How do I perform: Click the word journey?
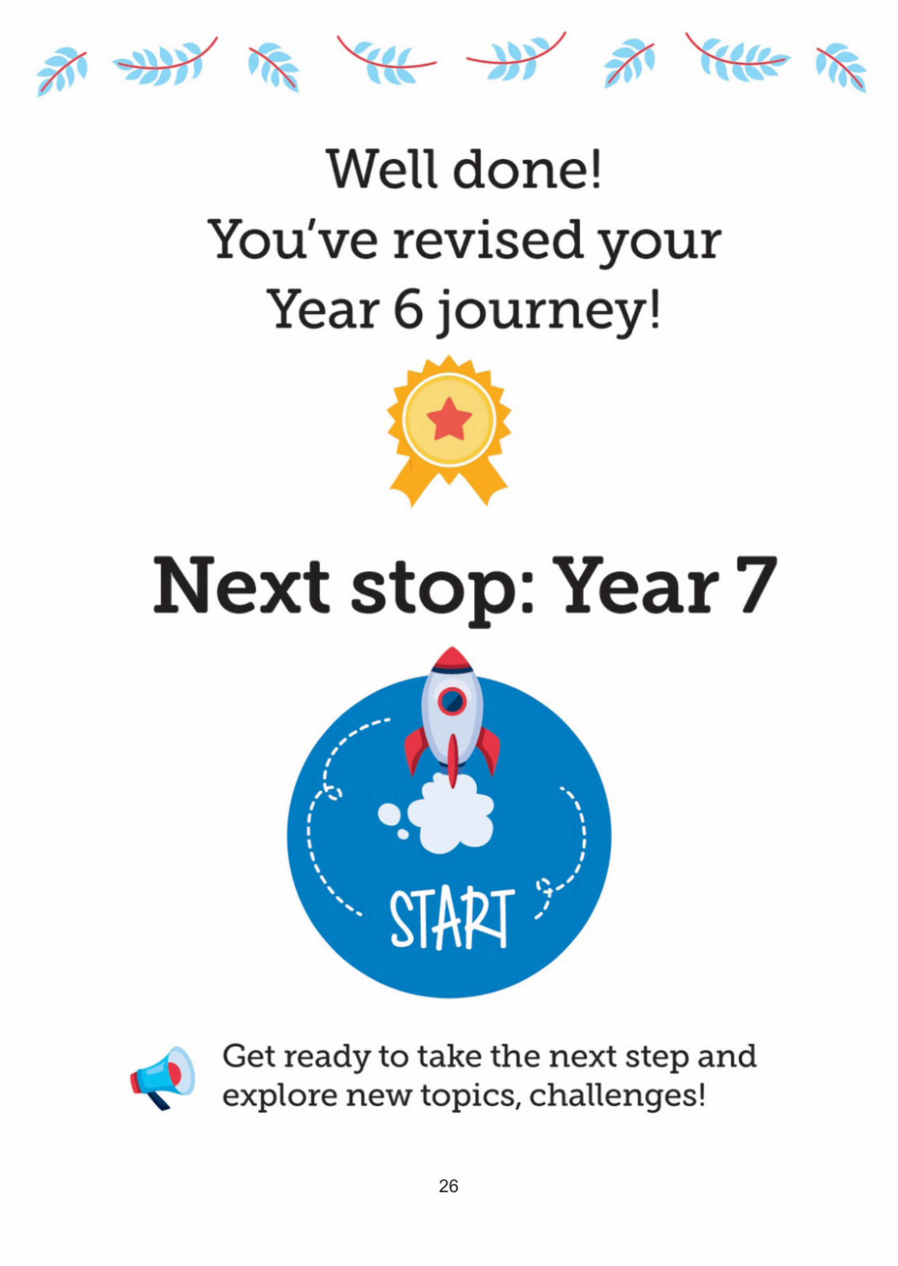point(549,312)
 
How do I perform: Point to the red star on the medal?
point(449,419)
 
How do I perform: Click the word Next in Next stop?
point(241,586)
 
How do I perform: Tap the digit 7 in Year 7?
point(755,586)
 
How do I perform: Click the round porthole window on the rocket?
point(453,701)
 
